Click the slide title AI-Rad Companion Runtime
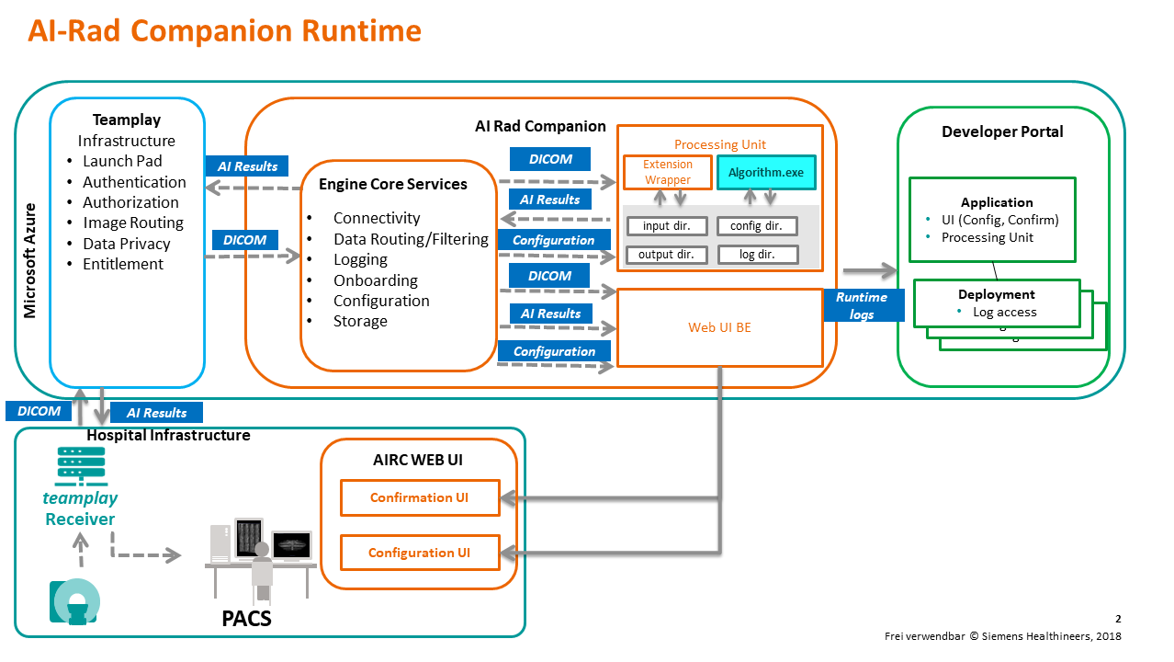tap(224, 31)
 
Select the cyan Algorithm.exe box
tap(765, 172)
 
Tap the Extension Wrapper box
tap(668, 172)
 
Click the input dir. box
tap(661, 226)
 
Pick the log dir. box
tap(757, 255)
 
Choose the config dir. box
tap(757, 226)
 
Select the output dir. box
tap(661, 255)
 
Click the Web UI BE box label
tap(719, 327)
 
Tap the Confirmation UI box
tap(419, 497)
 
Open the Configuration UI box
tap(419, 553)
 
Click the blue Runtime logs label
tap(862, 305)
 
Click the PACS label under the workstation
tap(247, 618)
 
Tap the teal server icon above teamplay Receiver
tap(80, 466)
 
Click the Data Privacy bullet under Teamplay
tap(126, 244)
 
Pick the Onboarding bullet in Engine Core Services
tap(375, 280)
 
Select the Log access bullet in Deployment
tap(1004, 312)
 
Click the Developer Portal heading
tap(1002, 131)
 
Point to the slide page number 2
tap(1118, 619)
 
